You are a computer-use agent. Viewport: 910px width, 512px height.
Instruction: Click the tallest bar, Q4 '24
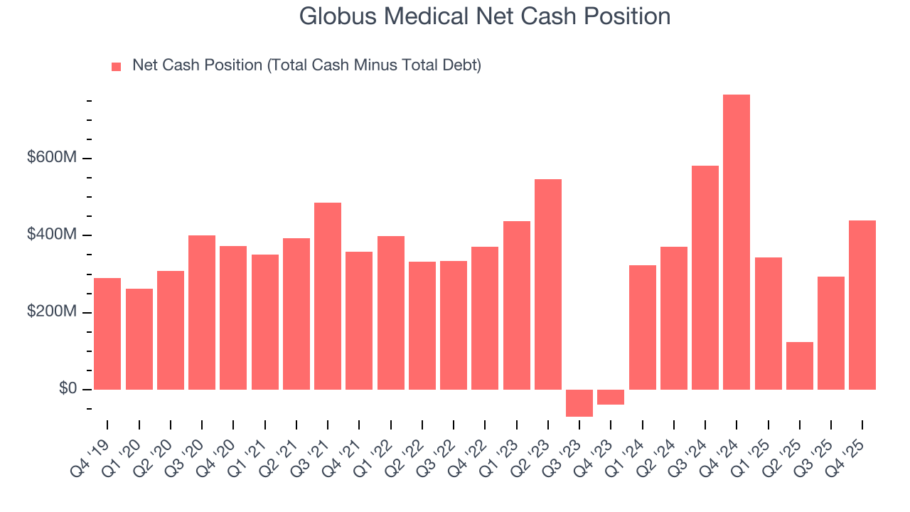point(737,242)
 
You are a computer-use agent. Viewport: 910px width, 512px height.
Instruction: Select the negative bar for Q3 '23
point(579,403)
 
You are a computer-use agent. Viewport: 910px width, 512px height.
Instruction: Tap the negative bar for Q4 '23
point(611,397)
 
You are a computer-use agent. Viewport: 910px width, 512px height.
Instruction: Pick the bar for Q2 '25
point(799,366)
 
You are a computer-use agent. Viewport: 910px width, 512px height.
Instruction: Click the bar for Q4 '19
point(107,334)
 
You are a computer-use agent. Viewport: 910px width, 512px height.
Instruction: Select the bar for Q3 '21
point(328,296)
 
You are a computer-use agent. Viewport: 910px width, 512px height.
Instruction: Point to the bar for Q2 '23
point(548,284)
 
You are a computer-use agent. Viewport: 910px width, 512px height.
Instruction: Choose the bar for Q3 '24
point(705,277)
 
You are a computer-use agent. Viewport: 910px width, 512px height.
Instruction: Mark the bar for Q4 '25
point(862,305)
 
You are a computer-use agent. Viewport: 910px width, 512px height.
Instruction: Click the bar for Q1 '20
point(139,339)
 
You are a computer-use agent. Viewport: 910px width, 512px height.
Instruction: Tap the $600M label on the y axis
point(51,158)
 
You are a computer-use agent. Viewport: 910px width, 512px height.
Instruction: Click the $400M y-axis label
point(51,235)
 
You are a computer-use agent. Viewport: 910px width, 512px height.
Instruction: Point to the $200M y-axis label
point(51,312)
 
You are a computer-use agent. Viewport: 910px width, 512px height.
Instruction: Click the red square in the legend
point(117,67)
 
